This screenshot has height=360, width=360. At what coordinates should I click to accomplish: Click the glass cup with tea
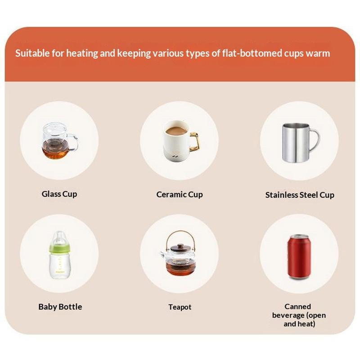(60, 141)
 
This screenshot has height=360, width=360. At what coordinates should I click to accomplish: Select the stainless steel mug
(300, 142)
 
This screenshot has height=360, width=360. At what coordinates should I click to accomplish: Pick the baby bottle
(60, 255)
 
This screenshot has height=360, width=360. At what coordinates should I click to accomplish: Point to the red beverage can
(299, 257)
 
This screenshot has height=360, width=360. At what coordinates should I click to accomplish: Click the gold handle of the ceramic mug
(195, 142)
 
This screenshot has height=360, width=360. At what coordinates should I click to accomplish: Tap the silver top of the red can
(299, 237)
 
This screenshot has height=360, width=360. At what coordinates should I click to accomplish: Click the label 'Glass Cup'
(59, 194)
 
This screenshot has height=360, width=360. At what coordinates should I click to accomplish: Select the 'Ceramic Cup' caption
(180, 194)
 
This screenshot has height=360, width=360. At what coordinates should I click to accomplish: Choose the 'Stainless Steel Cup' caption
(300, 195)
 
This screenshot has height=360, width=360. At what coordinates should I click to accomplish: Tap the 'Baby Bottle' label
(60, 307)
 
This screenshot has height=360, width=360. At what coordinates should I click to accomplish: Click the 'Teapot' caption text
(180, 307)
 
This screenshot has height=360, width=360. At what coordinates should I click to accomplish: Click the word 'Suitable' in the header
(32, 53)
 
